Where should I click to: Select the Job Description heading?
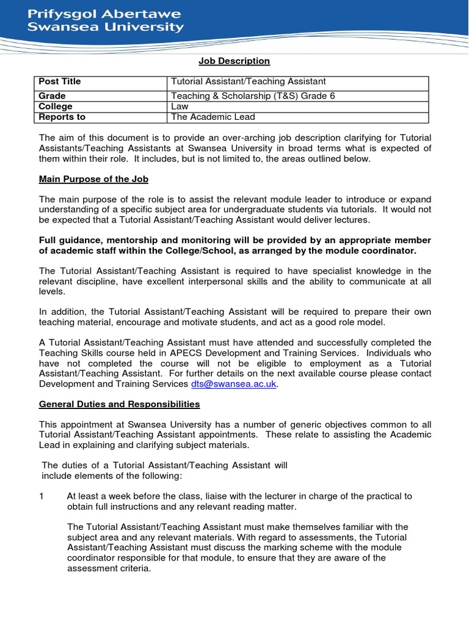[x=234, y=61]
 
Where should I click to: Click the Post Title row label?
[x=60, y=81]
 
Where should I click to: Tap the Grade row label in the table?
[x=52, y=96]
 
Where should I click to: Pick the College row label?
[x=56, y=106]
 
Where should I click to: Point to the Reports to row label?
[x=62, y=117]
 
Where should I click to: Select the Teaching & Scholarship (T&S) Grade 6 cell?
[x=253, y=96]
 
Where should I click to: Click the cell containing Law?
[x=180, y=106]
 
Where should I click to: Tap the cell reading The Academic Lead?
[x=213, y=117]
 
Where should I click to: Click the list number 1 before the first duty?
[x=42, y=496]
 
